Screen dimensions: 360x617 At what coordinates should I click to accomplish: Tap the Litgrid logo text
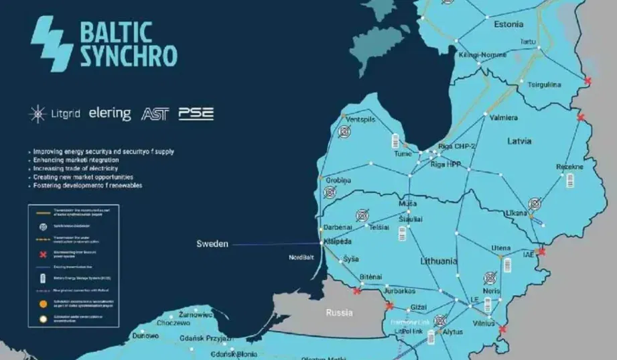pos(64,114)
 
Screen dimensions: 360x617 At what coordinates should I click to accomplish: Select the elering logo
pos(110,113)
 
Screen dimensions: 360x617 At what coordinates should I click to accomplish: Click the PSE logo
pos(196,113)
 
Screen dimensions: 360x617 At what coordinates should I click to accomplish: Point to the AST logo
pos(155,114)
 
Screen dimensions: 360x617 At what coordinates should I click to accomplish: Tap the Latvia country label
pos(518,141)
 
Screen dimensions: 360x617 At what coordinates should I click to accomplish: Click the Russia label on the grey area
pos(339,312)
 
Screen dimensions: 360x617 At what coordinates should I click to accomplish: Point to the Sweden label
pos(212,244)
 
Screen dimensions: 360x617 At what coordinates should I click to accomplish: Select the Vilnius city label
pos(483,323)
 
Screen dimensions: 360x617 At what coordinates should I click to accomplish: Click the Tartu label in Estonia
pos(529,42)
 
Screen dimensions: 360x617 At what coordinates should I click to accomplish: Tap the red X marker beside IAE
pos(542,252)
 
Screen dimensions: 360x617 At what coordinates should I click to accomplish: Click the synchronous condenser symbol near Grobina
pos(330,192)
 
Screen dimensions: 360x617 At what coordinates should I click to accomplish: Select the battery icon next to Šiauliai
pos(403,233)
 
